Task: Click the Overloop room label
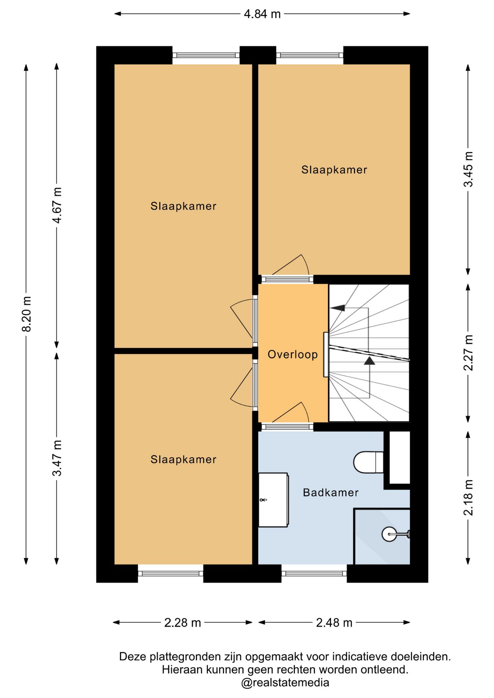tap(292, 354)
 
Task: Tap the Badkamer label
tap(331, 492)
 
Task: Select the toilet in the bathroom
tap(368, 462)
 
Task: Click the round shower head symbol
tap(389, 534)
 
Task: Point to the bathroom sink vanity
tap(273, 500)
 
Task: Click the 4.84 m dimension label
tap(262, 14)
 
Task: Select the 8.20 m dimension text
tap(27, 314)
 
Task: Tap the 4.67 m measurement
tap(57, 205)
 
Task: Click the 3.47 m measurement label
tap(57, 458)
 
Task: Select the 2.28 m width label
tap(183, 622)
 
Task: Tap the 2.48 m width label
tap(334, 622)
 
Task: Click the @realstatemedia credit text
tap(285, 683)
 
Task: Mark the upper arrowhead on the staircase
tap(338, 308)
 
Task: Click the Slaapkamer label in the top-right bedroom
tap(334, 169)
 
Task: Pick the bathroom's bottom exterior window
tap(314, 574)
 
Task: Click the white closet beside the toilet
tap(400, 457)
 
